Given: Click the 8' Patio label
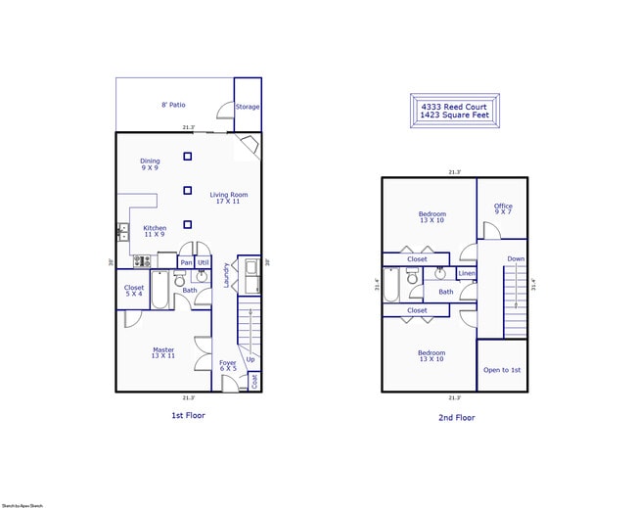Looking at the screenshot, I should [173, 105].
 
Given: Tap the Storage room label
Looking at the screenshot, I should [248, 106].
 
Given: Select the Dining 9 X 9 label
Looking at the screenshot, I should [150, 164].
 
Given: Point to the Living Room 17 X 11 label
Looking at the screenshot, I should [229, 198].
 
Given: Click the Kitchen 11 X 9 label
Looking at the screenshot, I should [155, 231].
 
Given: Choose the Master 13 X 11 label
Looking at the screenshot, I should [163, 352].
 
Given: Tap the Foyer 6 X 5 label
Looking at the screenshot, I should [228, 365].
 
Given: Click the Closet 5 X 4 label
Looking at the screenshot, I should [134, 291].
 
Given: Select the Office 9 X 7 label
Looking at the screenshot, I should [503, 208].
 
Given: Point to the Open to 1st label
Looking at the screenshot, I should [502, 370].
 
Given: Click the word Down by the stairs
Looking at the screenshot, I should [516, 258].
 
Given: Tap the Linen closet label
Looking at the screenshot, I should [467, 273].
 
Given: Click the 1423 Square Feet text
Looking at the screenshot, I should [454, 115].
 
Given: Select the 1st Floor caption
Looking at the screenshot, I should [188, 415].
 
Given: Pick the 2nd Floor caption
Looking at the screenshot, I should [456, 417].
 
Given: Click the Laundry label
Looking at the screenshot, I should [227, 274].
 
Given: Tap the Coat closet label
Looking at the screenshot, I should [254, 380].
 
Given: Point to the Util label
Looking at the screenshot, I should [204, 262].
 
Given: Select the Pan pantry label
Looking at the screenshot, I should [186, 262].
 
